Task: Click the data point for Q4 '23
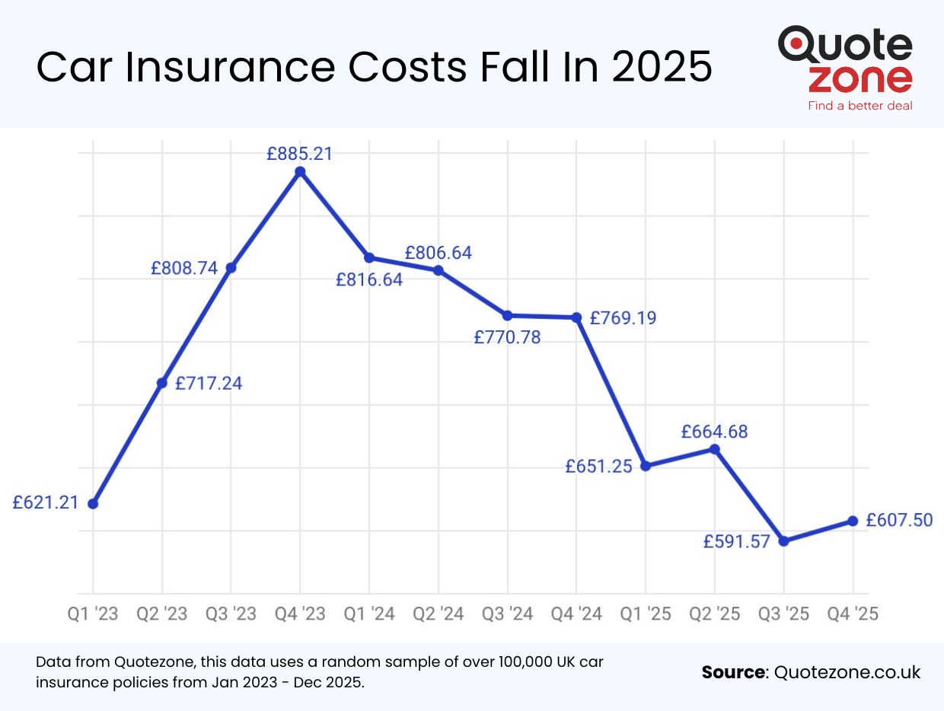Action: pyautogui.click(x=300, y=172)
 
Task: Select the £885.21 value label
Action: pyautogui.click(x=299, y=154)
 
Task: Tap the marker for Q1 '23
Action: pyautogui.click(x=93, y=504)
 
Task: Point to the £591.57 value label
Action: pyautogui.click(x=736, y=542)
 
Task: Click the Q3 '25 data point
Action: pyautogui.click(x=784, y=541)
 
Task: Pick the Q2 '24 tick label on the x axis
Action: pyautogui.click(x=438, y=614)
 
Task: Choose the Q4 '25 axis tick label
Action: pyautogui.click(x=852, y=614)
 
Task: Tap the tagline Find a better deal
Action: pyautogui.click(x=860, y=106)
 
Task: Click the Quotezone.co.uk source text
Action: pyautogui.click(x=847, y=672)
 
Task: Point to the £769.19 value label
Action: pyautogui.click(x=623, y=318)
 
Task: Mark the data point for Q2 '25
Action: pyautogui.click(x=715, y=449)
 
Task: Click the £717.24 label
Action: pyautogui.click(x=209, y=384)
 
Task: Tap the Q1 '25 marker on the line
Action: pyautogui.click(x=646, y=466)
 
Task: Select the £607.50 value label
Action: pyautogui.click(x=899, y=520)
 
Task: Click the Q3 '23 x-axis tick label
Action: pyautogui.click(x=231, y=614)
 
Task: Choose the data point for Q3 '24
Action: pyautogui.click(x=507, y=315)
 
